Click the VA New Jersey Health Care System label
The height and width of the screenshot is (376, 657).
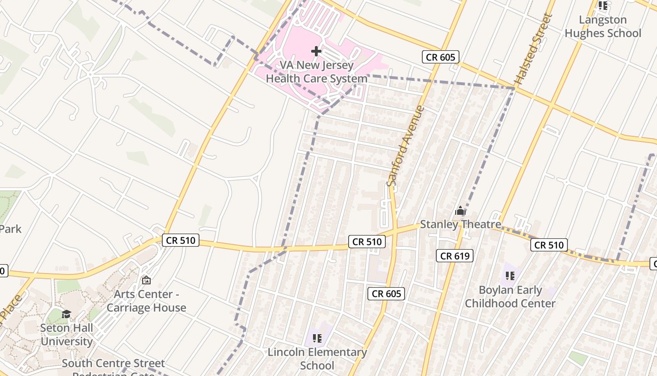point(316,71)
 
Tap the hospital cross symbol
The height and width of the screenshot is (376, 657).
point(316,51)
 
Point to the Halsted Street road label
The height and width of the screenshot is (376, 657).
point(534,49)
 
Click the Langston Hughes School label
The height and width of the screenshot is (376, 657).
point(603,26)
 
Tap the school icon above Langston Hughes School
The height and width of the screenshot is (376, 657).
point(603,6)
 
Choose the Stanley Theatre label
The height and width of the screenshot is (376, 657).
point(460,224)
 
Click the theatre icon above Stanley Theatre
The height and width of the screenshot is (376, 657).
point(460,211)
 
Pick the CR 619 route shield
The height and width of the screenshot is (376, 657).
point(454,256)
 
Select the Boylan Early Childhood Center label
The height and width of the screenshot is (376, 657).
point(510,297)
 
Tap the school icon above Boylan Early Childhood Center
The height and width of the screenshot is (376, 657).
point(510,276)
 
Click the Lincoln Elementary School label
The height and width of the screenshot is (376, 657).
point(317,359)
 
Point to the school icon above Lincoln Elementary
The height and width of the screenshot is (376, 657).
point(317,338)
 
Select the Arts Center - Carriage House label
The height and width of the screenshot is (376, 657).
point(146,301)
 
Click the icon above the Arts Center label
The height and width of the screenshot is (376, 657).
point(146,280)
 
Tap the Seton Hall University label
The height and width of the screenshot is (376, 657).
point(67,334)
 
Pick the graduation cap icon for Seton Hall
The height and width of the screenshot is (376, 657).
point(67,314)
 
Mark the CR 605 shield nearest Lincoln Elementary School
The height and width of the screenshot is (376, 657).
point(386,294)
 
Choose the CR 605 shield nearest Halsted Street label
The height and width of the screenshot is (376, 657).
point(440,57)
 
